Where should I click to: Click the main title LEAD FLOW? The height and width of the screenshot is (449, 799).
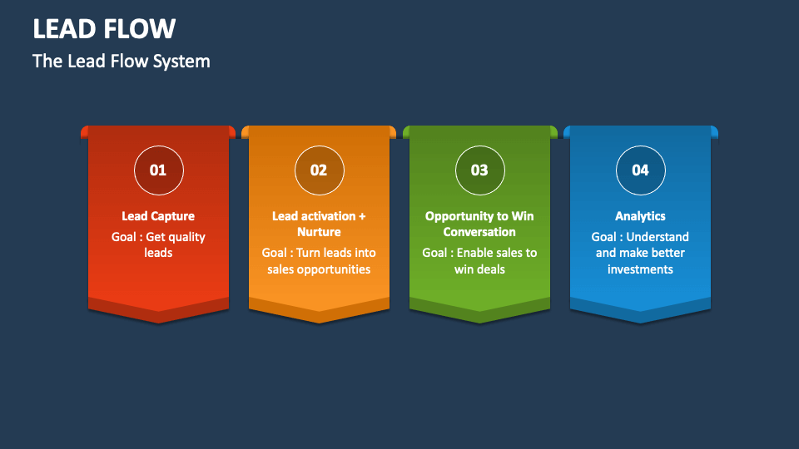coord(104,29)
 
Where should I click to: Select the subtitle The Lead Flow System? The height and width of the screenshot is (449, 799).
coord(121,62)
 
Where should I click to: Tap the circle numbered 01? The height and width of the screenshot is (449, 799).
coord(158,170)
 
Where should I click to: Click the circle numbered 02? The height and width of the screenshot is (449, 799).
coord(319,170)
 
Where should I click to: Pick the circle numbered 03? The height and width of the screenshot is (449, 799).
coord(479,170)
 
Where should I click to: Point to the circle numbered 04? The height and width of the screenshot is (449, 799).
coord(640,170)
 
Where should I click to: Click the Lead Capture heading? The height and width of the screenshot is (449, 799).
coord(158,216)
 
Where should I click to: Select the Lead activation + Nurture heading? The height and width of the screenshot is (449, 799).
coord(319,224)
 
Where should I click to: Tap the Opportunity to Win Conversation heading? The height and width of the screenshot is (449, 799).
coord(479,224)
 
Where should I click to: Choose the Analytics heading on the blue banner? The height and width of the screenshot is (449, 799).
coord(640,216)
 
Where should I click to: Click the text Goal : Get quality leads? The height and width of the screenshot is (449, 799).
coord(158,244)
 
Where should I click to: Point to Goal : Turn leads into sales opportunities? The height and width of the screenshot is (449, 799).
coord(319,260)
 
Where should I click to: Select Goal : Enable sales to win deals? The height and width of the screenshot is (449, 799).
coord(479,260)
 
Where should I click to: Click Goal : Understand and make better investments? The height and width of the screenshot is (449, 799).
coord(640,253)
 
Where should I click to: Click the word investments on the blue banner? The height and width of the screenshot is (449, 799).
coord(640,269)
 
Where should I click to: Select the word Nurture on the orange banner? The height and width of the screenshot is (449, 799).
coord(319,232)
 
